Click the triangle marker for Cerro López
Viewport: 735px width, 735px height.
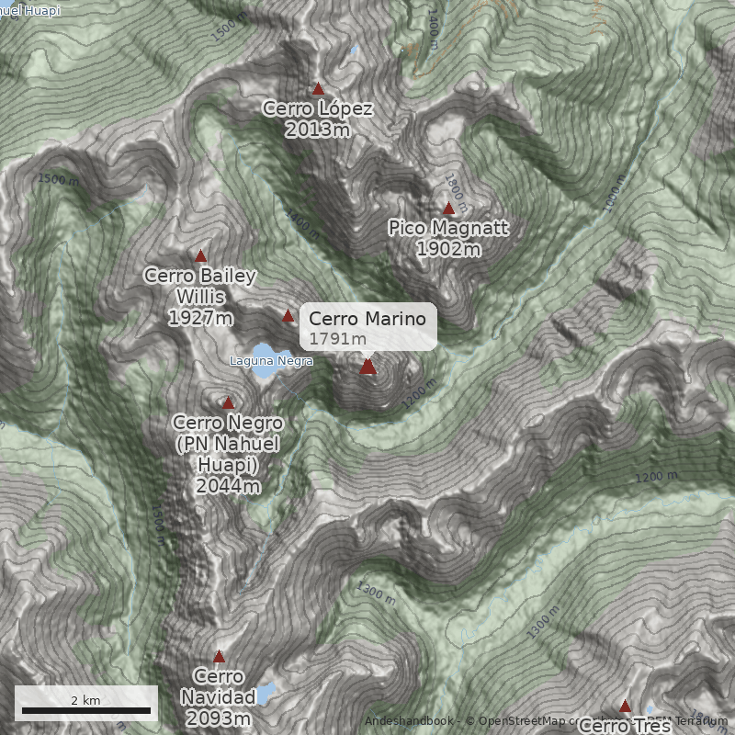click(x=318, y=89)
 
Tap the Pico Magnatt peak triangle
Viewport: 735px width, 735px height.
click(x=448, y=209)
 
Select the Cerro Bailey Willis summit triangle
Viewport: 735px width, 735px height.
click(x=200, y=255)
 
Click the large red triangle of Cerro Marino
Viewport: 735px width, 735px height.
click(x=367, y=367)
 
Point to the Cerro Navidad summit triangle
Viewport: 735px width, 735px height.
click(x=219, y=656)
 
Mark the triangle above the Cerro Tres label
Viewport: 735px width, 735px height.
click(x=625, y=706)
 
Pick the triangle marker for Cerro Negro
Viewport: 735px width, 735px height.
click(x=228, y=402)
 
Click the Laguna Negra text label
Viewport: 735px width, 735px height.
click(x=271, y=361)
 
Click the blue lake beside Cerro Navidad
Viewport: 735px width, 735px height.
click(x=266, y=692)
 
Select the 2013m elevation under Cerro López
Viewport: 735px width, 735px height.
click(x=318, y=130)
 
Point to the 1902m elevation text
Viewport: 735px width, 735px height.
click(x=448, y=249)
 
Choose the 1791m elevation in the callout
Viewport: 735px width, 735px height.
click(x=338, y=339)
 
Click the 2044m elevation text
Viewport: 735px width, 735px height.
click(x=228, y=486)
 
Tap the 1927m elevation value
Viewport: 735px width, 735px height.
click(x=200, y=318)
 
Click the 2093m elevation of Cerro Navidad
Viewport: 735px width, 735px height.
click(x=219, y=718)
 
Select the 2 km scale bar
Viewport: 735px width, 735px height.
click(x=86, y=709)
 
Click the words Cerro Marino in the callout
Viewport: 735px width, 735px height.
click(x=367, y=319)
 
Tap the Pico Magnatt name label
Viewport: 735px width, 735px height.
click(x=448, y=228)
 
